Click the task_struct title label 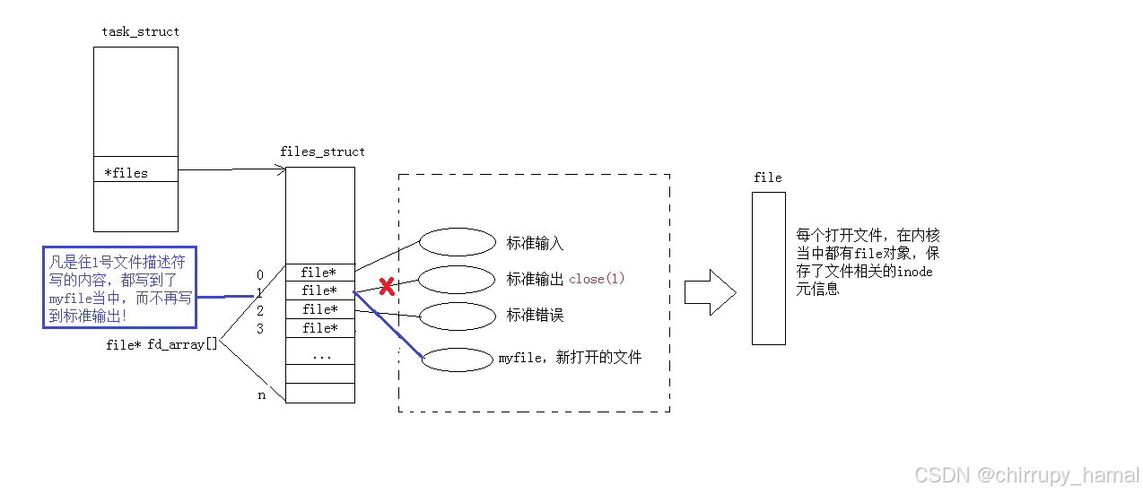pyautogui.click(x=140, y=31)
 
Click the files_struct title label pyautogui.click(x=322, y=152)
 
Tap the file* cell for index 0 pyautogui.click(x=319, y=273)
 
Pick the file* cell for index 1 pyautogui.click(x=319, y=290)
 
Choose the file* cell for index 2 pyautogui.click(x=319, y=309)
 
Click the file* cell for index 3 pyautogui.click(x=319, y=328)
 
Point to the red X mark pyautogui.click(x=387, y=287)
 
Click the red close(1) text pyautogui.click(x=597, y=279)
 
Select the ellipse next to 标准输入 pyautogui.click(x=458, y=242)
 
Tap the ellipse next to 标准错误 pyautogui.click(x=458, y=316)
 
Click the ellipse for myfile pyautogui.click(x=458, y=358)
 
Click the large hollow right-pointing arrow pyautogui.click(x=710, y=292)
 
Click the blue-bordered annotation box pyautogui.click(x=119, y=288)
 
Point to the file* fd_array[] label pyautogui.click(x=161, y=343)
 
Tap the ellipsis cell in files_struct pyautogui.click(x=319, y=356)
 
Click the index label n pyautogui.click(x=262, y=394)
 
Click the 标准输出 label pyautogui.click(x=535, y=279)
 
